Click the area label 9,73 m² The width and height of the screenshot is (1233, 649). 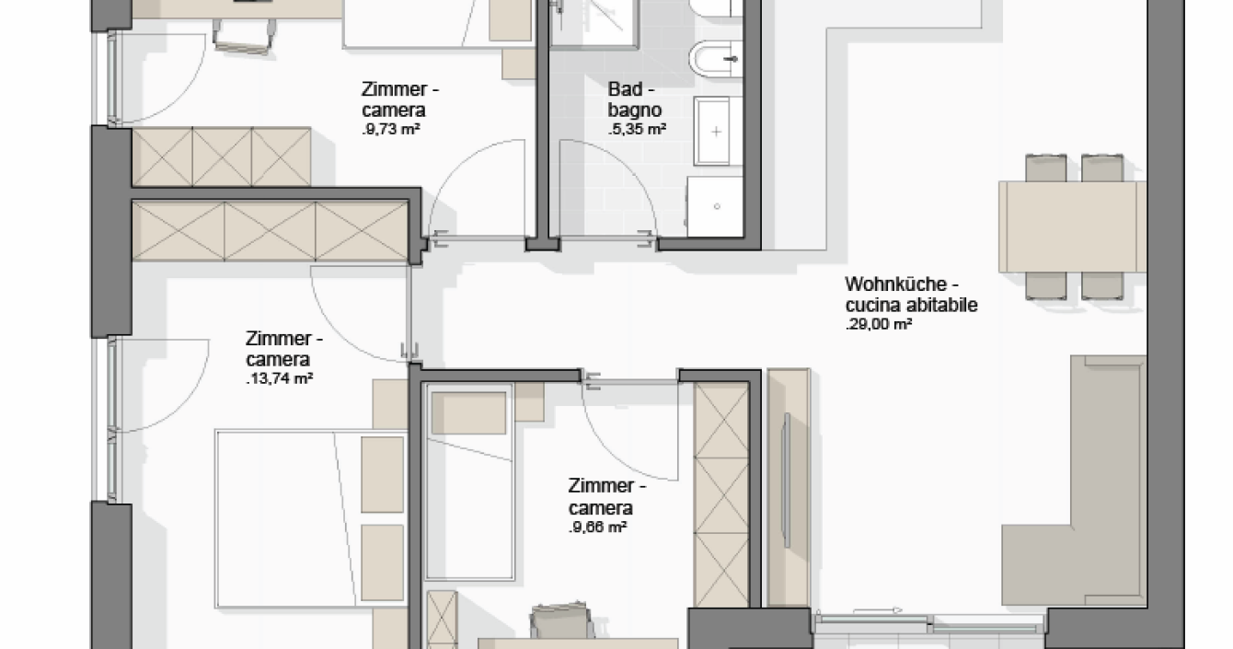[x=391, y=130]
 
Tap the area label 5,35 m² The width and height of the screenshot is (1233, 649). [x=638, y=130]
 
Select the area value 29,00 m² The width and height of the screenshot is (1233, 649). [x=879, y=324]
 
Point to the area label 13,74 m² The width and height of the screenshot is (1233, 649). [x=280, y=378]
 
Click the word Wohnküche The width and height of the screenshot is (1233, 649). [x=895, y=284]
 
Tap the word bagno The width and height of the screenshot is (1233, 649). [x=634, y=110]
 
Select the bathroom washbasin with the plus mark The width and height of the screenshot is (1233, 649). [x=712, y=131]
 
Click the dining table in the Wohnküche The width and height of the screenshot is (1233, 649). [x=1072, y=226]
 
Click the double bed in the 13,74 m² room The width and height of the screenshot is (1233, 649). [x=311, y=519]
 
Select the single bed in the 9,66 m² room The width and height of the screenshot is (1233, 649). [x=469, y=481]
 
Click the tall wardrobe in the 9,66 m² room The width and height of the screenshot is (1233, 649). [x=721, y=494]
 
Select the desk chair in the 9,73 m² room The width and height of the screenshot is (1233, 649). [x=243, y=36]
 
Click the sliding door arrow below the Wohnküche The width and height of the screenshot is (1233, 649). [x=878, y=610]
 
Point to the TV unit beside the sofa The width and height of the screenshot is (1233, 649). [x=789, y=488]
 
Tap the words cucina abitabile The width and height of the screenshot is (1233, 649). [x=912, y=305]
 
